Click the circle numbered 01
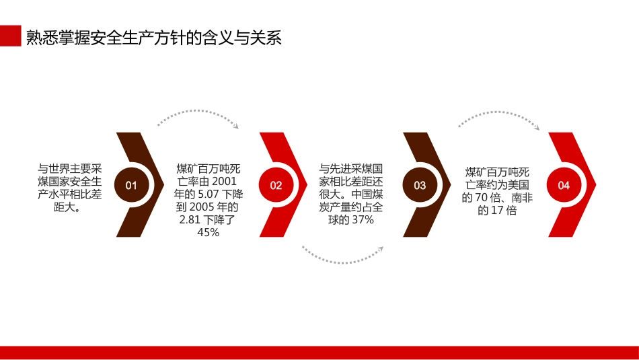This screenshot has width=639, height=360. (x=130, y=185)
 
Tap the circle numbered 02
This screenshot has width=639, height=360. (x=276, y=185)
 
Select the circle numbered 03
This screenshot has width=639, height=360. (x=420, y=185)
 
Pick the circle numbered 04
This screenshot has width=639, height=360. (x=564, y=185)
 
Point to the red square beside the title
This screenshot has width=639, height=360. (x=10, y=36)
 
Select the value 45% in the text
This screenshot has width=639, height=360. (x=208, y=232)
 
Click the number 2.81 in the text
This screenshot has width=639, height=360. (x=192, y=219)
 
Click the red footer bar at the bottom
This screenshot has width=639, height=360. (x=319, y=353)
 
